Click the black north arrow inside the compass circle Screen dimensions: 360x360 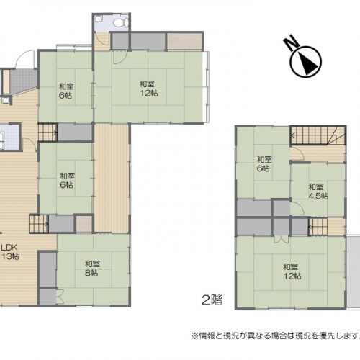(307, 63)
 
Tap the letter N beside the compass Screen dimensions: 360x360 (290, 43)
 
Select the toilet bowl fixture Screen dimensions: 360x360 (120, 22)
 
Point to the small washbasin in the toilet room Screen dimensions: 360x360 (99, 19)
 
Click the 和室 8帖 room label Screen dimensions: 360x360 (92, 269)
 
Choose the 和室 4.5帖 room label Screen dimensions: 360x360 (318, 192)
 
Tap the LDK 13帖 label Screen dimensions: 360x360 (9, 252)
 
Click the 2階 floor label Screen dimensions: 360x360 (212, 300)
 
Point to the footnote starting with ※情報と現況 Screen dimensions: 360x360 (276, 336)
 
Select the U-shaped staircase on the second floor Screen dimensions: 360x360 (318, 135)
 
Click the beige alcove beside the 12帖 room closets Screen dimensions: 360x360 (184, 41)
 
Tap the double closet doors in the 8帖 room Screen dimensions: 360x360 (60, 297)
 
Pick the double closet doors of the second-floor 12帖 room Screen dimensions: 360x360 (281, 239)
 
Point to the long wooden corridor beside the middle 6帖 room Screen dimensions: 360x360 (112, 178)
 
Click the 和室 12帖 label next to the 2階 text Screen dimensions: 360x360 (292, 271)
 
